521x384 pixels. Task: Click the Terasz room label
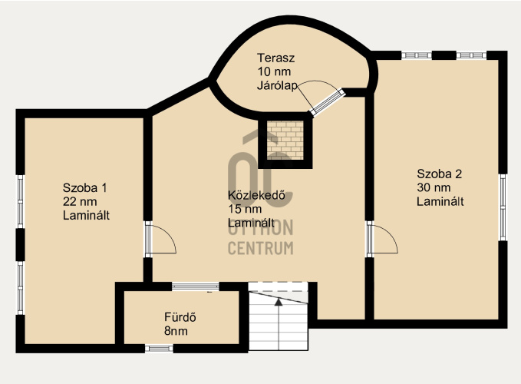tap(275, 58)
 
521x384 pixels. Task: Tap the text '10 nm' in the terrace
tap(274, 71)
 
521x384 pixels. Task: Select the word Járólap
tap(277, 85)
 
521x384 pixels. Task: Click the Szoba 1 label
tap(85, 188)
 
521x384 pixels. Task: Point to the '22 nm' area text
tap(80, 201)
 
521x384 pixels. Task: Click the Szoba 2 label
tap(439, 174)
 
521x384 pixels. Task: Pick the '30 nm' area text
tap(434, 187)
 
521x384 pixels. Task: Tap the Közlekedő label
tap(256, 195)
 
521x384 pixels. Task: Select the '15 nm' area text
tap(245, 209)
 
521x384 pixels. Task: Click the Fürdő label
tap(180, 317)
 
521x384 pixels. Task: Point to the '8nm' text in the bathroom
tap(176, 331)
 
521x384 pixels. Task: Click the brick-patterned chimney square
tap(285, 140)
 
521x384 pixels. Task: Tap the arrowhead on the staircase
tap(279, 302)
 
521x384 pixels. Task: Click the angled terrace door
tap(328, 102)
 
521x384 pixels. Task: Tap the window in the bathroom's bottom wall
tap(159, 349)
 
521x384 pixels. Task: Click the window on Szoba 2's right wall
tap(503, 207)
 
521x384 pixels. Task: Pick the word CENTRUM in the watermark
tap(261, 248)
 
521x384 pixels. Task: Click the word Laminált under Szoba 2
tap(440, 201)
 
